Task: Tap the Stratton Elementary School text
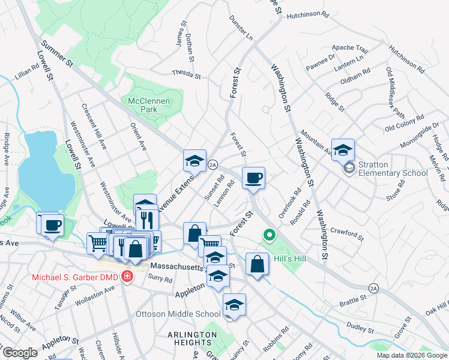pos(393,169)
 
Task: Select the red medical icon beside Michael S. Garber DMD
pos(127,277)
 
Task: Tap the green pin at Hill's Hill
pos(270,235)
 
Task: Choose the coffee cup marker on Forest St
pos(253,178)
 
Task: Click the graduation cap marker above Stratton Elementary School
pos(343,150)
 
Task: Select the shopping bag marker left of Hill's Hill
pos(257,263)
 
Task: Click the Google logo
pos(20,353)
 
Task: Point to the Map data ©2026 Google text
pos(412,355)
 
